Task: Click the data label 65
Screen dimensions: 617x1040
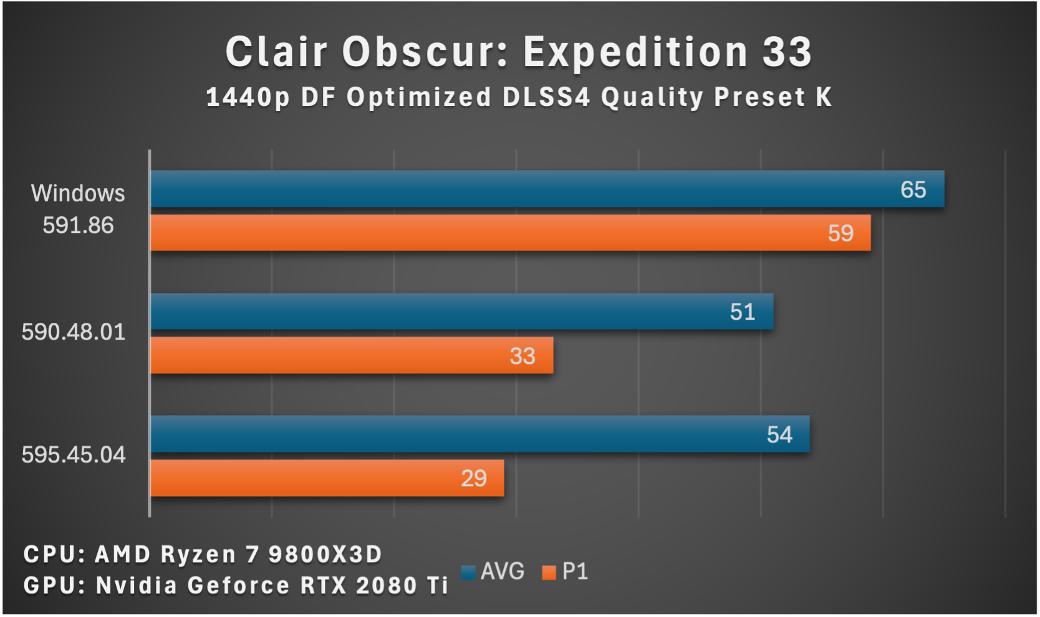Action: click(913, 189)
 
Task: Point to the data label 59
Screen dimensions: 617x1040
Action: click(840, 234)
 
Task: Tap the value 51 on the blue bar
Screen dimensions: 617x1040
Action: click(742, 312)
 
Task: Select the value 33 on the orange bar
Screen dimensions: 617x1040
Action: click(522, 356)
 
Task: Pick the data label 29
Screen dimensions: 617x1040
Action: click(473, 479)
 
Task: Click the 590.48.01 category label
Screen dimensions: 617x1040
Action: click(74, 332)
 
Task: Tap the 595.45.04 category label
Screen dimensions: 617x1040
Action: click(74, 455)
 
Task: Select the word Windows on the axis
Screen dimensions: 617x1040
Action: click(78, 194)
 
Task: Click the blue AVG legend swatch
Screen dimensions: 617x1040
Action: click(469, 572)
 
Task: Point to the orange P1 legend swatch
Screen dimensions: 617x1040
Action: click(549, 572)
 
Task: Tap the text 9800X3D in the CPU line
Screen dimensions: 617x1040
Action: click(325, 554)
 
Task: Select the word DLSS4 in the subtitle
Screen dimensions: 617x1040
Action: click(546, 97)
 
